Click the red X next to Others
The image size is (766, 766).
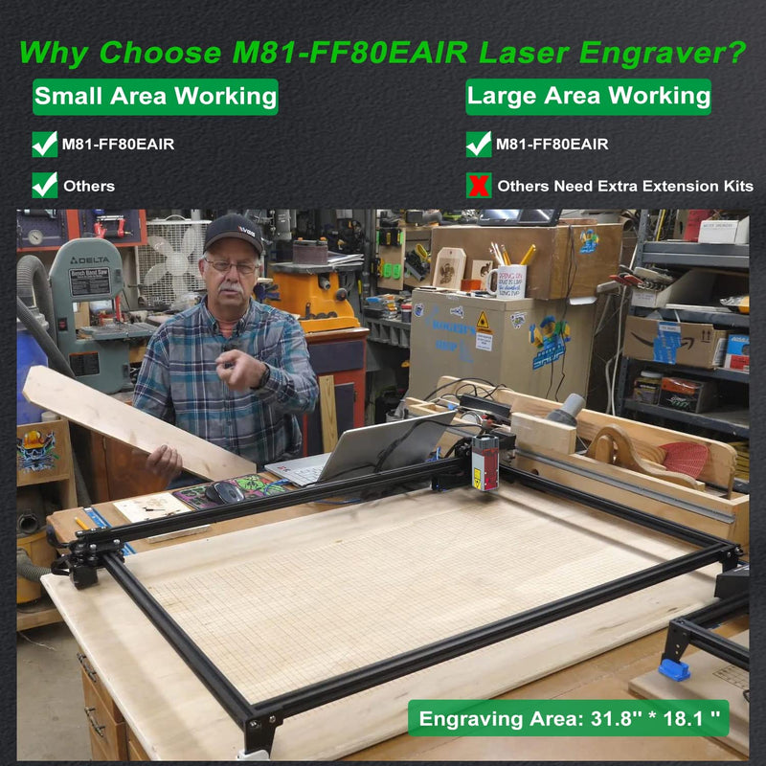pos(479,186)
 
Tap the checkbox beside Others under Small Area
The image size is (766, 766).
pos(45,186)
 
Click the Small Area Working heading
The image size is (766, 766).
pos(155,97)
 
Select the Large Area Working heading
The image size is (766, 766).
pos(588,97)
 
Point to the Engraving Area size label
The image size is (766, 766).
pos(568,718)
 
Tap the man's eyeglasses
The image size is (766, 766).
pos(231,265)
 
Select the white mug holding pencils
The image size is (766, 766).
pos(505,280)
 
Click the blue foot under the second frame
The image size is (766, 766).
pos(674,668)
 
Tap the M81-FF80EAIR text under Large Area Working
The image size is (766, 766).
pos(552,145)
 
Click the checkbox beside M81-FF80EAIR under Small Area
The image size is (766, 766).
pos(45,145)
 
